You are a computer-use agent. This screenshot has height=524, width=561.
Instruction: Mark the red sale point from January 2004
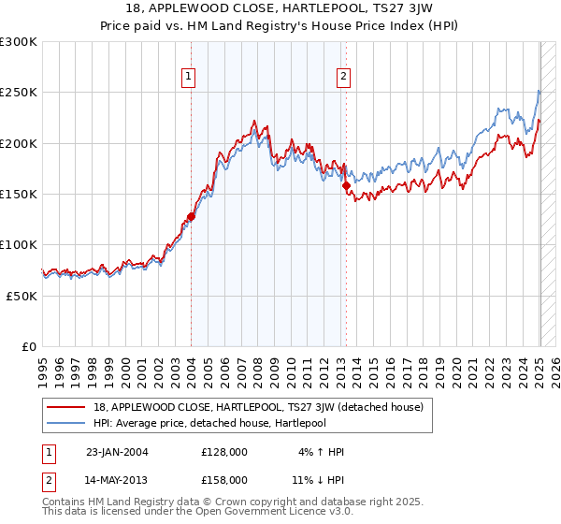point(191,216)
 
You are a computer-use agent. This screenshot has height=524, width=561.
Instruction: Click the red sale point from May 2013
point(346,186)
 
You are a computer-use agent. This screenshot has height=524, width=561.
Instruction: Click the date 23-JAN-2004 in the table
point(118,451)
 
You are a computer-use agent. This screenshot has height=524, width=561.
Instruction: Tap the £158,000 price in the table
point(224,479)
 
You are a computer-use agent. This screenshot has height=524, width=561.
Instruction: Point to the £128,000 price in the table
point(224,451)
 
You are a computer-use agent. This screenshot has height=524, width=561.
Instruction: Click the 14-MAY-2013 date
point(118,479)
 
